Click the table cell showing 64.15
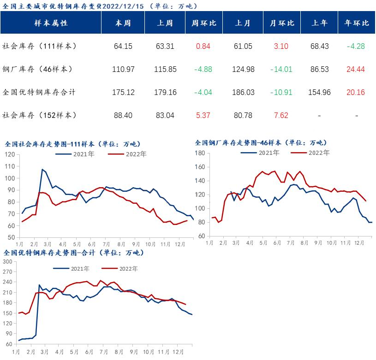(x=123, y=46)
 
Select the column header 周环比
(x=203, y=23)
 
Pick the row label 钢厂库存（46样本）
(x=37, y=69)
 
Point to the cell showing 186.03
(x=243, y=92)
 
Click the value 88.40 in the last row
(x=123, y=115)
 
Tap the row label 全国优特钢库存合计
(x=39, y=92)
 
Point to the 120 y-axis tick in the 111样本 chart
(x=10, y=154)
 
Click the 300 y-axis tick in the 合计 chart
(x=8, y=261)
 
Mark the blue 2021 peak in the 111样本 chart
(x=42, y=170)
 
